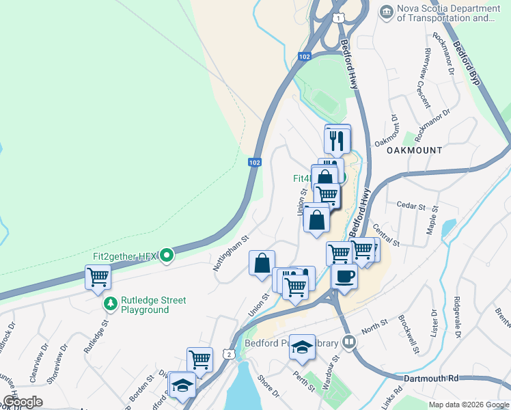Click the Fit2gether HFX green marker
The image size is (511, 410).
166,257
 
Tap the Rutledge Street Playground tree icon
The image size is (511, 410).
109,302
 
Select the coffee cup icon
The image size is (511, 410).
344,277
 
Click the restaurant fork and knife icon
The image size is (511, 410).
337,141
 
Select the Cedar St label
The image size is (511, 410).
411,205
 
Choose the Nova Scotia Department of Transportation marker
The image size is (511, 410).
387,12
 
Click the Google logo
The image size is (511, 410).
23,402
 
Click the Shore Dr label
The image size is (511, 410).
268,385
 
